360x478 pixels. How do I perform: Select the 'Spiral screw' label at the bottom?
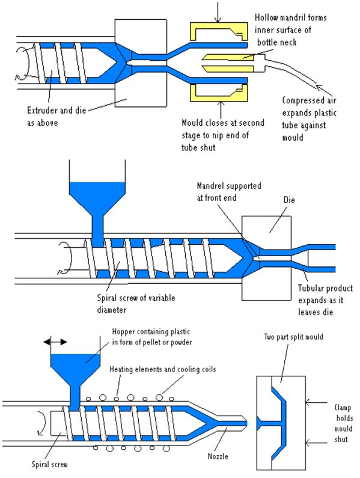coord(36,465)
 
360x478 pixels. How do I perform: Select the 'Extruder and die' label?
coord(54,110)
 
